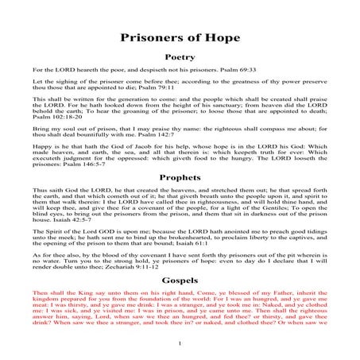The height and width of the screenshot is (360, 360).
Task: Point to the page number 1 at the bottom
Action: (181, 343)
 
